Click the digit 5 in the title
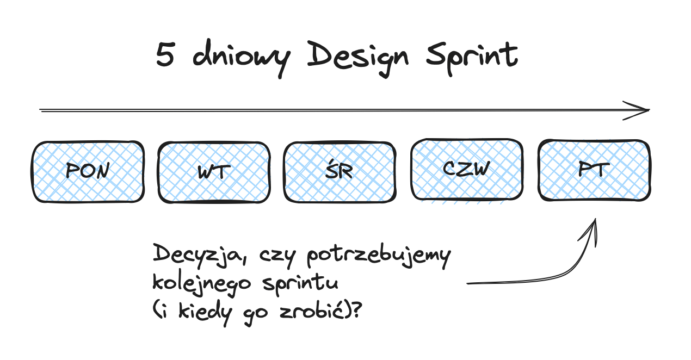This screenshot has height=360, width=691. (164, 55)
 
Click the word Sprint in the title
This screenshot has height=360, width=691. (471, 57)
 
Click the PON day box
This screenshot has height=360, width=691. (88, 172)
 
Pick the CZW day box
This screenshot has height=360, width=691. (466, 169)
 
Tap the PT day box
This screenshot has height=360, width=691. (594, 170)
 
